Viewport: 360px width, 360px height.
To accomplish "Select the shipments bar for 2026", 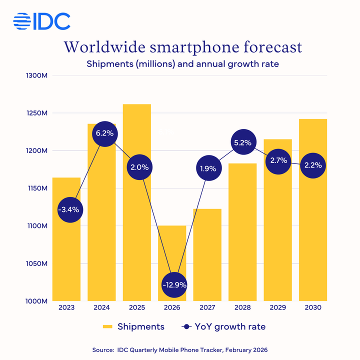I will coord(172,250).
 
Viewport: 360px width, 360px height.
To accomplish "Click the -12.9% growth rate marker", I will coord(174,285).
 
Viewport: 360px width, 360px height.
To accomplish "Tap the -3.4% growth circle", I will coord(69,210).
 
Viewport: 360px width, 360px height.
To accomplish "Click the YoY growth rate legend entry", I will coord(222,326).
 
